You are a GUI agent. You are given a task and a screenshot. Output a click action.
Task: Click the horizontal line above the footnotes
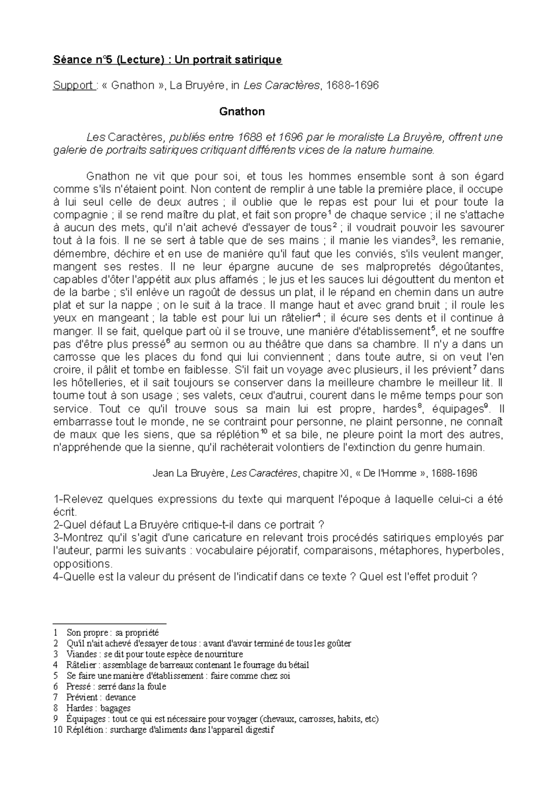click(110, 624)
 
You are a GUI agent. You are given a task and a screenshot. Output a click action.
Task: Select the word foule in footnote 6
click(156, 686)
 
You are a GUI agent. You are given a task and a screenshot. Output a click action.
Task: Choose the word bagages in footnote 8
click(115, 708)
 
